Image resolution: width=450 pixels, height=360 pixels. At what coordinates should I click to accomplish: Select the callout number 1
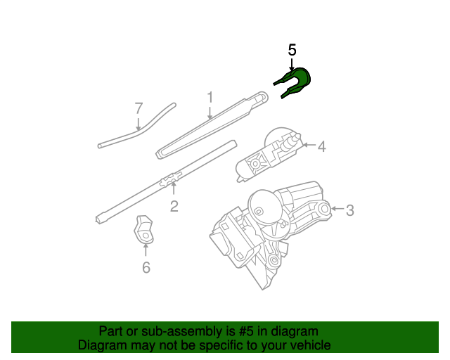pyautogui.click(x=209, y=96)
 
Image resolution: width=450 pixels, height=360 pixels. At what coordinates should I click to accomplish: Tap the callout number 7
pyautogui.click(x=139, y=108)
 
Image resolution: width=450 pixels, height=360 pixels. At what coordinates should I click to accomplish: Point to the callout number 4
pyautogui.click(x=321, y=146)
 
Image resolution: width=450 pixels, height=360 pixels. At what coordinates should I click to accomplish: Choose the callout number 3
pyautogui.click(x=349, y=209)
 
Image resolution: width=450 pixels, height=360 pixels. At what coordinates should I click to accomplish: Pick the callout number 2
pyautogui.click(x=173, y=206)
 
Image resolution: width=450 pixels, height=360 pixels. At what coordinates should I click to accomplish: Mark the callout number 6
pyautogui.click(x=146, y=267)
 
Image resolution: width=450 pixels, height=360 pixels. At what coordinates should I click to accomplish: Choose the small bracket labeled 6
pyautogui.click(x=143, y=229)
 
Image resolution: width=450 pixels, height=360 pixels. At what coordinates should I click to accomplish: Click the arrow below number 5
pyautogui.click(x=292, y=64)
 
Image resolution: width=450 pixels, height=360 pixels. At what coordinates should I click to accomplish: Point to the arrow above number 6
pyautogui.click(x=146, y=250)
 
